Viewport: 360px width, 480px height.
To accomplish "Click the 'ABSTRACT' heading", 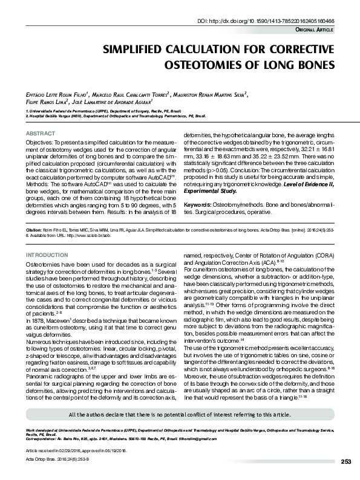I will click(41, 133).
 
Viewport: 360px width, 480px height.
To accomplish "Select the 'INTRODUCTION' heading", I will click(47, 256).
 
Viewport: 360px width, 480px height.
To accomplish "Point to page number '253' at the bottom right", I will click(345, 461).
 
